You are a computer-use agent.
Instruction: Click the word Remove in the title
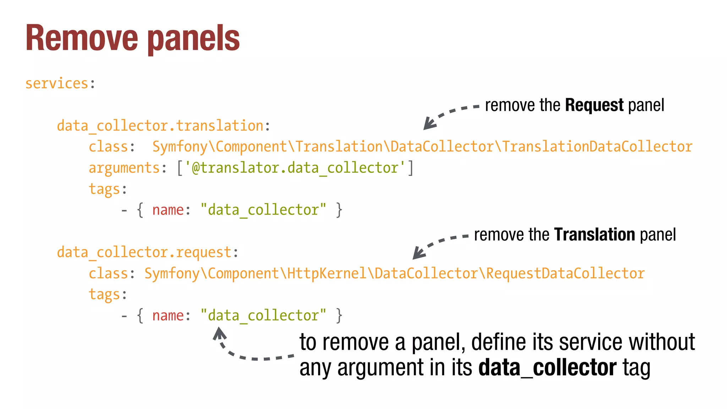click(x=82, y=38)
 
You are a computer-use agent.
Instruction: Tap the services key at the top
click(x=56, y=84)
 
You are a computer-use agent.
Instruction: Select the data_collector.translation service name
click(x=160, y=126)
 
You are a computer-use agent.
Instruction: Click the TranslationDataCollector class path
click(x=422, y=147)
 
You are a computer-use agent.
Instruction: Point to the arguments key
click(x=124, y=168)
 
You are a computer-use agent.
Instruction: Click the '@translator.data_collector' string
click(x=295, y=168)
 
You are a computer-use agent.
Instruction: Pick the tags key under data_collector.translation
click(x=104, y=189)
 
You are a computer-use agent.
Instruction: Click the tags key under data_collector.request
click(x=104, y=295)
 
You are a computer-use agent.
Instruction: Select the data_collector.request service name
click(x=144, y=252)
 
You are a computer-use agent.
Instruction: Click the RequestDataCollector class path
click(x=394, y=274)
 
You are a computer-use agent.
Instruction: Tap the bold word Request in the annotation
click(x=594, y=105)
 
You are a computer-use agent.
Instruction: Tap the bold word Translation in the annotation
click(x=595, y=235)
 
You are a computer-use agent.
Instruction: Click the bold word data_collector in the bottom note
click(x=547, y=368)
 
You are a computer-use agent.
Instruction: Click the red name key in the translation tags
click(x=168, y=210)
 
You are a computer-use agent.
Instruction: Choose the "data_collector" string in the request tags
click(x=263, y=316)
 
